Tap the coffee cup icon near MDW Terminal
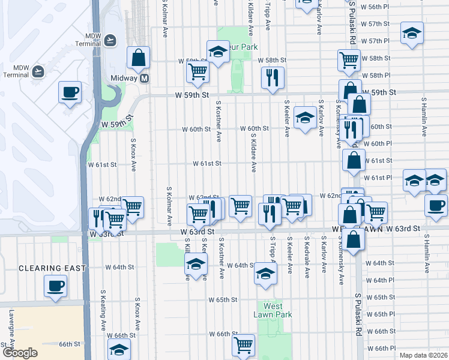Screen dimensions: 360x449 click(x=70, y=92)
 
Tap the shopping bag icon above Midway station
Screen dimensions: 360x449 click(x=138, y=58)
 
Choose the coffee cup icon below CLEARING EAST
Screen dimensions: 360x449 click(x=56, y=286)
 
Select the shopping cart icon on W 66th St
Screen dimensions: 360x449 click(x=243, y=345)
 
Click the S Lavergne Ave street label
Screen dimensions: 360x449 click(x=11, y=328)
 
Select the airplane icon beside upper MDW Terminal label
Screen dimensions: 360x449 click(x=109, y=40)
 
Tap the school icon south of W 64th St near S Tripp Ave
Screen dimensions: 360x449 click(x=264, y=274)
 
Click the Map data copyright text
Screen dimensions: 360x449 click(x=423, y=355)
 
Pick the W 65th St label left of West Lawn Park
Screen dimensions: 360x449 click(x=223, y=299)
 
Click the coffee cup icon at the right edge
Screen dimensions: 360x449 click(x=436, y=205)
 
